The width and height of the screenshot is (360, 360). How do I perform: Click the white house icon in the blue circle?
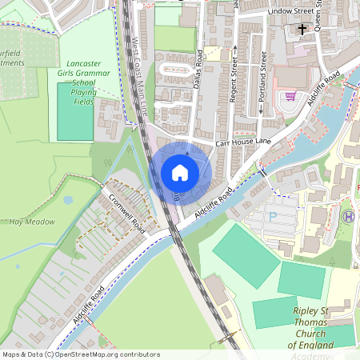tap(180, 172)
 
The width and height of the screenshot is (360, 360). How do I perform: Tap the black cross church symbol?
tap(302, 30)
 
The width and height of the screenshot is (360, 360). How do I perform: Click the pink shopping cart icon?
tap(290, 96)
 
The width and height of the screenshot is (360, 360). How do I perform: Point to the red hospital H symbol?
tap(347, 216)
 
